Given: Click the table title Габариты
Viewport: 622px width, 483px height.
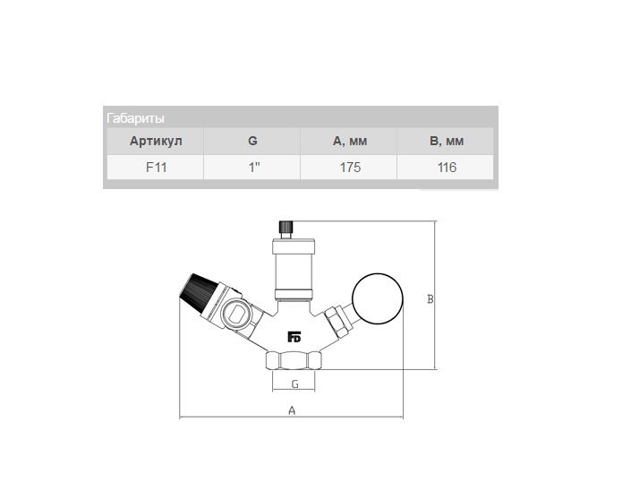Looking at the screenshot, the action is [x=135, y=118].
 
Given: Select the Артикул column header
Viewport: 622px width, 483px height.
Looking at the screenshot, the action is [x=156, y=141].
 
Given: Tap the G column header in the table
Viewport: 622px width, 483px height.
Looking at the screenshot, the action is [x=252, y=141].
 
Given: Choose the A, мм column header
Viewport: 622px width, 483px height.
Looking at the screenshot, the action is [x=350, y=141].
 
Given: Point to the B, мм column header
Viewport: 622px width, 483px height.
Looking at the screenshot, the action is [x=447, y=141].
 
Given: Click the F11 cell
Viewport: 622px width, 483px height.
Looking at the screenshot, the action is [x=156, y=168].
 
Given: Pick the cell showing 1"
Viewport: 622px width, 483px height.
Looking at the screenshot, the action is [x=254, y=168].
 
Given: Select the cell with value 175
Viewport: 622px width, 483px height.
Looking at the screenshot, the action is [x=350, y=168].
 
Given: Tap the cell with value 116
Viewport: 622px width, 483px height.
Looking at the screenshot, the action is [x=447, y=168].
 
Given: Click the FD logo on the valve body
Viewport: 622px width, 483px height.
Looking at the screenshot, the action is [x=294, y=337].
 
